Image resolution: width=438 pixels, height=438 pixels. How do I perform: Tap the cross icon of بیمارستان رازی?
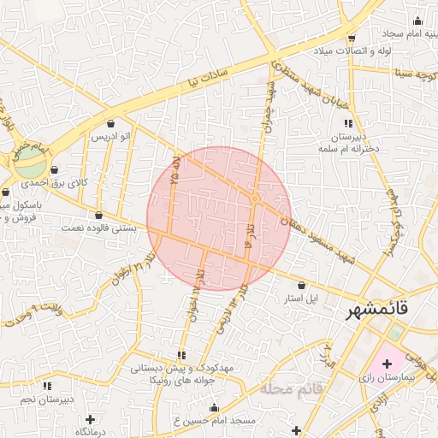tap(387, 363)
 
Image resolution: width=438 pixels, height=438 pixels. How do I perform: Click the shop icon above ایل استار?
tap(301, 285)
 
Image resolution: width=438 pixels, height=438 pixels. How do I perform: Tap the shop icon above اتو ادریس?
tap(111, 123)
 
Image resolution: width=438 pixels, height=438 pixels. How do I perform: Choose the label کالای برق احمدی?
tap(53, 182)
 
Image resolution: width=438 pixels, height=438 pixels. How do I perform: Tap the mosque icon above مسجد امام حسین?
tap(214, 407)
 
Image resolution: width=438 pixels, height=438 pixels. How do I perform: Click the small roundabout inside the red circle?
tap(255, 198)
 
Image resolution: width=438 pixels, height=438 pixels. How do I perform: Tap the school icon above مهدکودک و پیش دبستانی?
tap(181, 355)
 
